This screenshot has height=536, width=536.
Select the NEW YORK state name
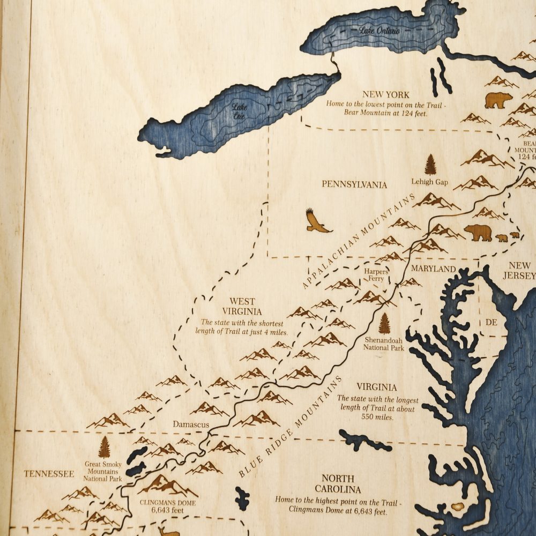(385, 95)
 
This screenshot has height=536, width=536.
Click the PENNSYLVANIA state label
(354, 184)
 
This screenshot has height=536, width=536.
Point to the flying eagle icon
(317, 221)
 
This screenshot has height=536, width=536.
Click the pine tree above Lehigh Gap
(430, 165)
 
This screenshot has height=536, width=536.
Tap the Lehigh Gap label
(430, 182)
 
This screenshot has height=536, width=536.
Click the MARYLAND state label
(434, 269)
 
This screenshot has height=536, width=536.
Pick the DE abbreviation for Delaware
(492, 322)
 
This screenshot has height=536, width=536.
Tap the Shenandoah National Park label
(384, 344)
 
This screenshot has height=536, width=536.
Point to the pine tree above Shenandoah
(384, 323)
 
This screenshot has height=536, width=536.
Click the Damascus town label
(190, 424)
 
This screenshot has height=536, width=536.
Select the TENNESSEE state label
(48, 474)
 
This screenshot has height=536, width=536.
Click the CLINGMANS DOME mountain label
(168, 503)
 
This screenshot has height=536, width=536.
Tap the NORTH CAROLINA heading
(338, 483)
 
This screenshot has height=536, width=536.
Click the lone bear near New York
(498, 100)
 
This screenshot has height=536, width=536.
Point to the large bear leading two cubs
(478, 233)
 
